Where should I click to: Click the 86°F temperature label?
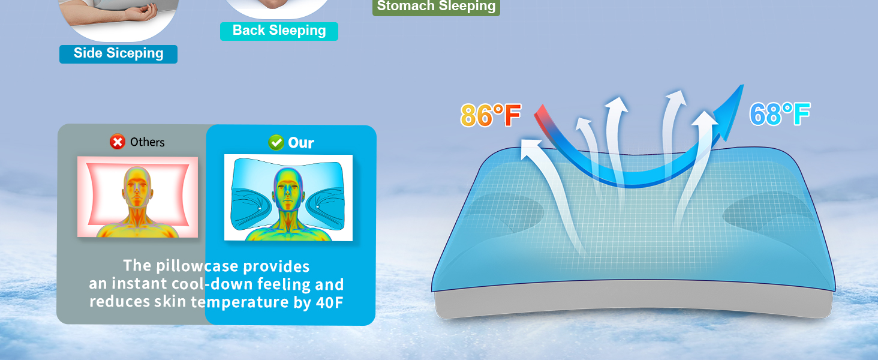tap(491, 115)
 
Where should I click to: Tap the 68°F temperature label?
tap(780, 114)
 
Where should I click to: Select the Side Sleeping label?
tap(118, 54)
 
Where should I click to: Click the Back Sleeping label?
tap(279, 31)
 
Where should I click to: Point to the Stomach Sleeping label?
tap(436, 6)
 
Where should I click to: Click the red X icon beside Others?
tap(118, 142)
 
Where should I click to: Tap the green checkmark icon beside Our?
tap(276, 142)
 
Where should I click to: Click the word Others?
tap(148, 142)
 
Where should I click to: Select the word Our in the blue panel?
tap(301, 143)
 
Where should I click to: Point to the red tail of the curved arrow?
tap(543, 116)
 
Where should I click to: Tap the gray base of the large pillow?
tap(633, 300)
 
